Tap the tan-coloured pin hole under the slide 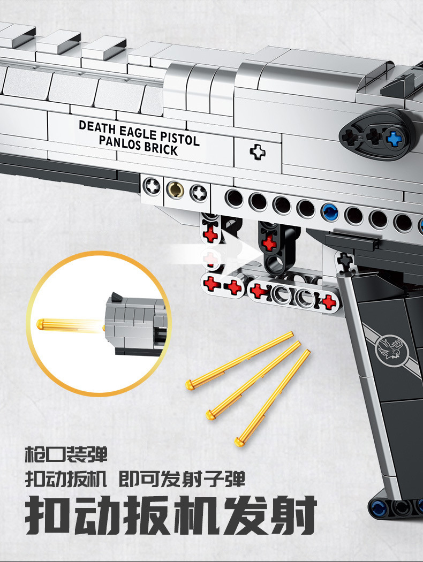coord(175,189)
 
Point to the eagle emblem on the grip coord(390,348)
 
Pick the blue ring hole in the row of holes coord(329,212)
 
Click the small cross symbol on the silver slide coord(258,152)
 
